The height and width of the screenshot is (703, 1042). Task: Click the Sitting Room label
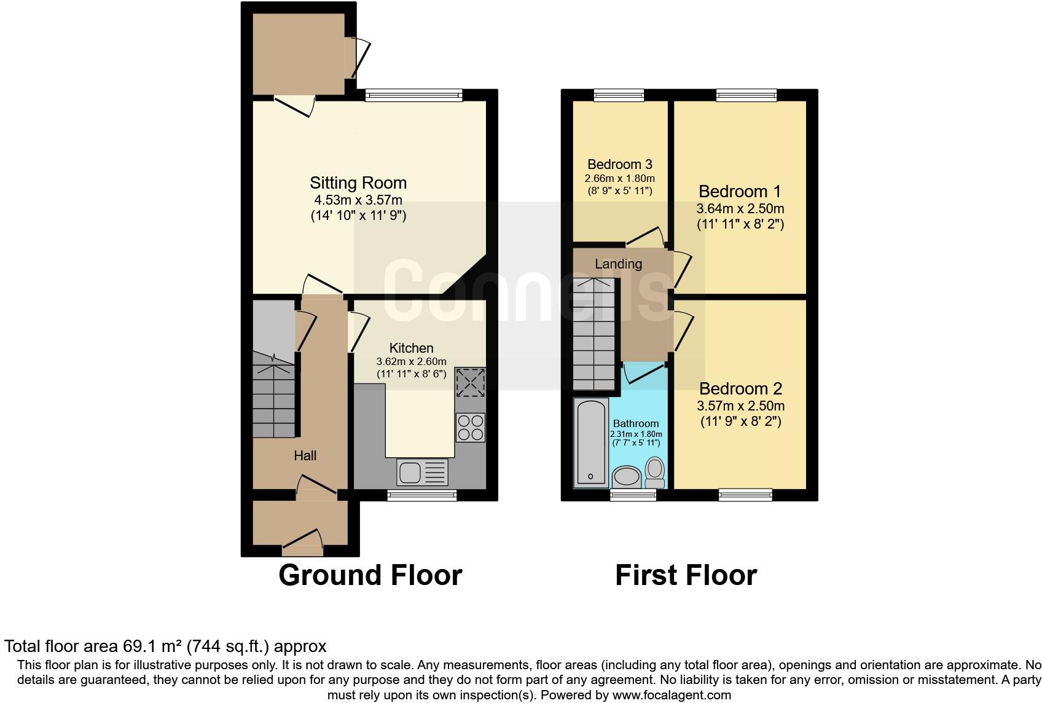click(358, 183)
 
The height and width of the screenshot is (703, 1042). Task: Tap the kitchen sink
click(423, 473)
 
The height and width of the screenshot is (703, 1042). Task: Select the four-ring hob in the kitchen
click(471, 428)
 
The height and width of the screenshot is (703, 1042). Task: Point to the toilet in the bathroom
click(655, 471)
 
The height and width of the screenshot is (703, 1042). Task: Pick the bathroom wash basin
click(627, 476)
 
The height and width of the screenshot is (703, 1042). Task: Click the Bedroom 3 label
click(619, 164)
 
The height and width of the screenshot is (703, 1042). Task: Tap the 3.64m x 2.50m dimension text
click(740, 209)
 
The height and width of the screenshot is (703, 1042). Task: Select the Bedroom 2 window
click(745, 494)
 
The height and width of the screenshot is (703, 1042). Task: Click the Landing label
click(618, 264)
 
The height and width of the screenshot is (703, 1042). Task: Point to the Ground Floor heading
click(370, 575)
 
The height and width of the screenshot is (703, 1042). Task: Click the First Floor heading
click(686, 575)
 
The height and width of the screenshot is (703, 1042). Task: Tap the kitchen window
click(421, 495)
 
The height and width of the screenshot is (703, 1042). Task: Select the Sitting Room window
click(413, 95)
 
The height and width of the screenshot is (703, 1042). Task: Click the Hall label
click(305, 455)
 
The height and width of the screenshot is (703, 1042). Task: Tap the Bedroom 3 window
click(619, 95)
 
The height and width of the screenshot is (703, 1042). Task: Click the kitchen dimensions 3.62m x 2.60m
click(411, 361)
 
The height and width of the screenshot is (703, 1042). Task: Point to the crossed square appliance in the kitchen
click(470, 383)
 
